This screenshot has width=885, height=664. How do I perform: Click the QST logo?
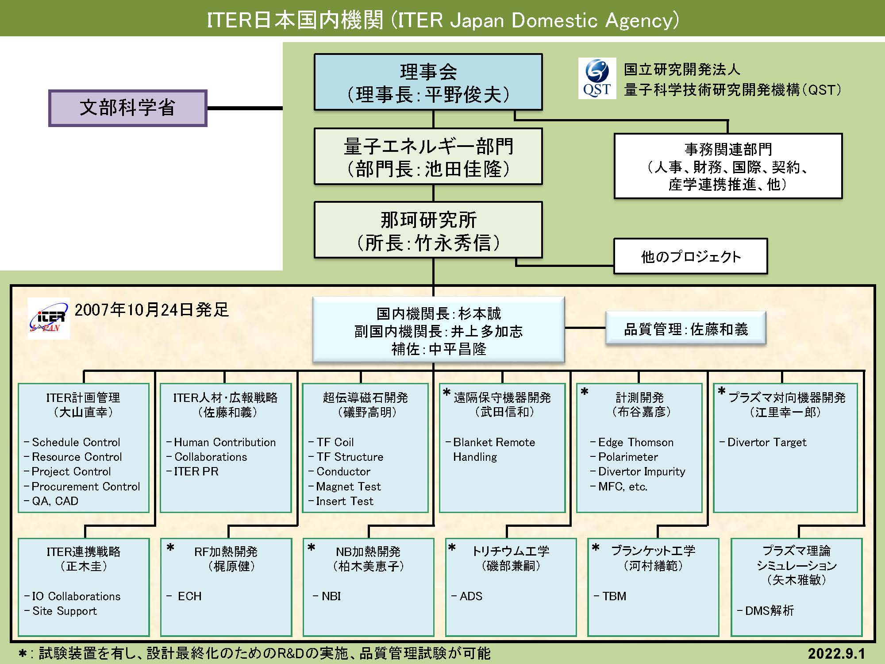coord(597,79)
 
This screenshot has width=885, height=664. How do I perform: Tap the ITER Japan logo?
coord(48,318)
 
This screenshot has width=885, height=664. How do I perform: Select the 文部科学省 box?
coord(127,108)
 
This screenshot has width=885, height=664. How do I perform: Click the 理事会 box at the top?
coord(428,82)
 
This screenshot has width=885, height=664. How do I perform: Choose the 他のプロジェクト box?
coord(690,257)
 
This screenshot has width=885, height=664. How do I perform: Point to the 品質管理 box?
coord(685,329)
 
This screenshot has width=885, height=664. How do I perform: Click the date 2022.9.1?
coord(836,653)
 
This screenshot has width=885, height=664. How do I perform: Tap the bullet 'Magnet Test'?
coord(348,486)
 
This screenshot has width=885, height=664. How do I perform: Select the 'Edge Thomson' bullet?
coord(635,442)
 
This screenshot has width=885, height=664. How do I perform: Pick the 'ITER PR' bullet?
coord(196,471)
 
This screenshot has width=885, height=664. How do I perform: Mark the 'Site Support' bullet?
coord(64,611)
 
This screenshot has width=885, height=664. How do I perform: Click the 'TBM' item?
coord(614,596)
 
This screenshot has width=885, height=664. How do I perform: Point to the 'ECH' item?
coord(189,596)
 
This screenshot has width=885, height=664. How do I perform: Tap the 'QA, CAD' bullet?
coord(55,501)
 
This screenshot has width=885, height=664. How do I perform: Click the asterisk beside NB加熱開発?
coord(312,548)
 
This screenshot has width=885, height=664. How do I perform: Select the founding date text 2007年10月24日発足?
coord(151,310)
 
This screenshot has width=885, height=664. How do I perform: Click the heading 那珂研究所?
coord(428,220)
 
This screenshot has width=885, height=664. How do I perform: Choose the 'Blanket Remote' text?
coord(494,442)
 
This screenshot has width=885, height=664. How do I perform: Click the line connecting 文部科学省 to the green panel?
coord(245,108)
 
